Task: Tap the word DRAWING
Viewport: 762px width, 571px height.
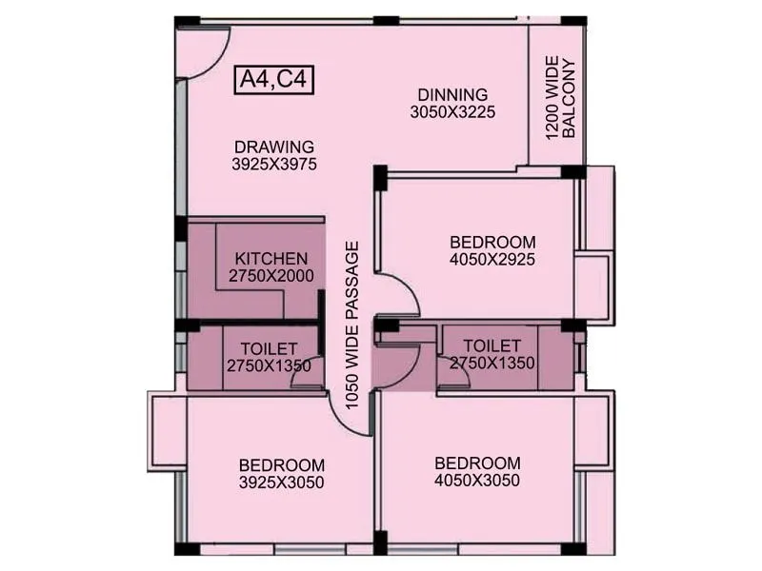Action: pos(274,147)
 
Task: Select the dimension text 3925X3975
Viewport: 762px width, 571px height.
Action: pos(274,164)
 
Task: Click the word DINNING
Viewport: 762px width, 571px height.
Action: pos(453,95)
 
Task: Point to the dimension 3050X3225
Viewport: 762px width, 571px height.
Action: pos(453,112)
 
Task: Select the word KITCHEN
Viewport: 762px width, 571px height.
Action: pos(271,259)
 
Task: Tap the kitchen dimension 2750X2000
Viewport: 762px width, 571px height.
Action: pos(271,276)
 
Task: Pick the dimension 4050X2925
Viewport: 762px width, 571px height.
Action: pos(492,259)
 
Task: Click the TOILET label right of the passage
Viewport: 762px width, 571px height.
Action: pos(491,345)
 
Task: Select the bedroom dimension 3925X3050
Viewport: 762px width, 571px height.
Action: pos(282,482)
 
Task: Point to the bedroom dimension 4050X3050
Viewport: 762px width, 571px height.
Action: pos(477,481)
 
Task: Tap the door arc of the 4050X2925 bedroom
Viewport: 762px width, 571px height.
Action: pos(402,293)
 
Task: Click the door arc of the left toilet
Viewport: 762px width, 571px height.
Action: pos(307,374)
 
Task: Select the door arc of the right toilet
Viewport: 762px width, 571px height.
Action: pos(454,374)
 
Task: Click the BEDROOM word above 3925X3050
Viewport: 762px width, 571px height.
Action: pos(282,465)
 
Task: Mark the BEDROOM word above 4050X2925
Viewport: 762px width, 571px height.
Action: pos(492,242)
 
